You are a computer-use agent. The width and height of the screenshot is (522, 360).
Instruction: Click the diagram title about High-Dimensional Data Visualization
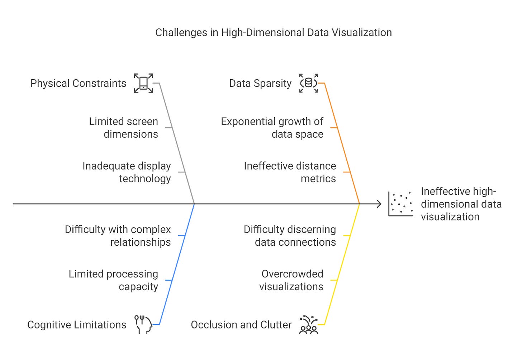coord(273,33)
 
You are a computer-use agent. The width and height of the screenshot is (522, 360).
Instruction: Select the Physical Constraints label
coord(78,83)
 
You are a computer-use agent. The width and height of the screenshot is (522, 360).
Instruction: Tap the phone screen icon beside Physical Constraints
coord(143,83)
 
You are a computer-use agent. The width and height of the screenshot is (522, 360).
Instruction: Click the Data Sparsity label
coord(260,83)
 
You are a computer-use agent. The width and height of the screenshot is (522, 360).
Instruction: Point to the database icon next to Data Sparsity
coord(309,83)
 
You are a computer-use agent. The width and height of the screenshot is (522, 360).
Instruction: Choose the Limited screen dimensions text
coord(124,128)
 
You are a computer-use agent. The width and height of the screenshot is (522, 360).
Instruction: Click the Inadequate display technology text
coord(127,172)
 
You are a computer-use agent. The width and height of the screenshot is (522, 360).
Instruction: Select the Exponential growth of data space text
coord(272,128)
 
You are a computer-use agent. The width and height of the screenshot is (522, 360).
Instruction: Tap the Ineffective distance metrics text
coord(290,172)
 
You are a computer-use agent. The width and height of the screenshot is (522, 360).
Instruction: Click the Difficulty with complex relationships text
coord(118,236)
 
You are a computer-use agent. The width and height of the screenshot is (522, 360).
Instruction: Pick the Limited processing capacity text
coord(114,280)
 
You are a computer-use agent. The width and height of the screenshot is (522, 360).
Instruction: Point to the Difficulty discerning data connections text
coord(290,236)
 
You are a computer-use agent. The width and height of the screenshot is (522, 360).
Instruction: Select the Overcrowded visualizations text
coord(291,280)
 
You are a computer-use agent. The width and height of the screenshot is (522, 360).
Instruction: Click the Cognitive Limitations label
coord(77,325)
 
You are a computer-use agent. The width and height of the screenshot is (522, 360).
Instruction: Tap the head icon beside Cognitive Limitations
coord(143,325)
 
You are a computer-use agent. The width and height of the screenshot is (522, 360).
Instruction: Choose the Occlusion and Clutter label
coord(241,325)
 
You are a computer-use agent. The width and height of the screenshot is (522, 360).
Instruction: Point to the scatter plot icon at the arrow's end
coord(400,204)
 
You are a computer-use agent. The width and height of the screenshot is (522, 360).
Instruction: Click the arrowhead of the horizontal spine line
coord(379,204)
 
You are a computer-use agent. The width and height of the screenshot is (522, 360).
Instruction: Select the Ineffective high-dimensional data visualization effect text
coord(461,204)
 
